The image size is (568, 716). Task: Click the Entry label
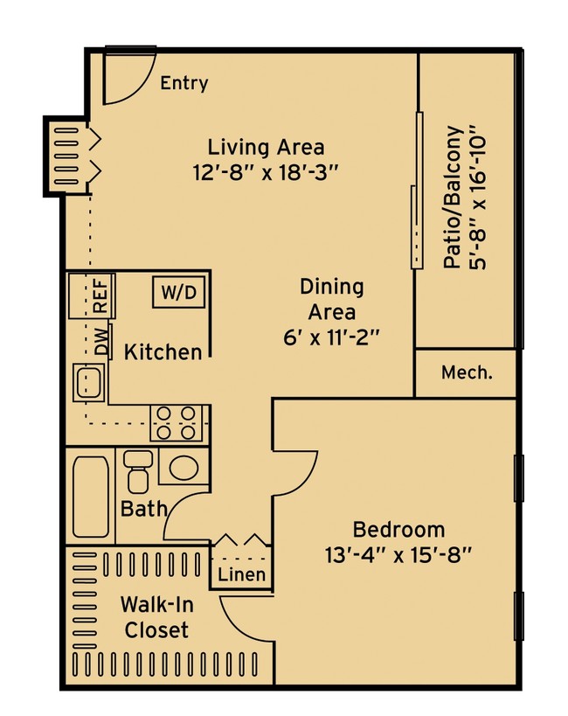184,83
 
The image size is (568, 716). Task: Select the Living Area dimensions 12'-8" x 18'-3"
266,173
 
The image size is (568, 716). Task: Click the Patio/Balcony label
453,197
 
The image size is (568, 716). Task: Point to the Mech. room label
468,373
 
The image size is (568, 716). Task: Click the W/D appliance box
178,292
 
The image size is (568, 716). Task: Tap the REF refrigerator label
100,295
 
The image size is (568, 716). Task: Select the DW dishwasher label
102,341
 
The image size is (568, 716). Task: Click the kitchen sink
89,383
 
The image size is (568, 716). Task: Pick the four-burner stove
177,423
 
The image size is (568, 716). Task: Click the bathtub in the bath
91,497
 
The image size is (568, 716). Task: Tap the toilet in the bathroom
138,472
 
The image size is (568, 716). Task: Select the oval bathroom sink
184,467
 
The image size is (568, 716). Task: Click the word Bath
144,508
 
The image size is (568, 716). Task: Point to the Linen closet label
241,574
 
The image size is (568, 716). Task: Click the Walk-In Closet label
156,617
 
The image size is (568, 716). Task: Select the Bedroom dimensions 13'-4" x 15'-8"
398,556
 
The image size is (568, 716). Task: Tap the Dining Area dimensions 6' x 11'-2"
332,338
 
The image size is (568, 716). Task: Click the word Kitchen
163,352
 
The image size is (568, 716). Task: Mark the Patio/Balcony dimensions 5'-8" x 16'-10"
478,197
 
